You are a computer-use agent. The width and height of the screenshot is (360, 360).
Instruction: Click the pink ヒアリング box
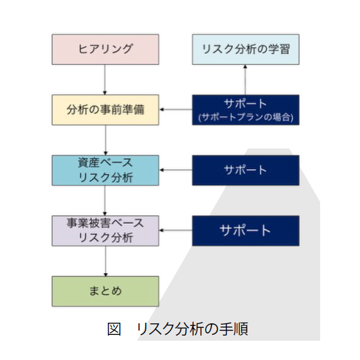pos(105,50)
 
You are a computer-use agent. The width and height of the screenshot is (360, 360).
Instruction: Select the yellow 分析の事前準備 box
pos(105,109)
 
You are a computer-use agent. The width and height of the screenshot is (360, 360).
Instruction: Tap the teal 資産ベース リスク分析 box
pos(105,170)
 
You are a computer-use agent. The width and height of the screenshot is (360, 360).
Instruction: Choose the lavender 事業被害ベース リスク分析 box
pos(105,230)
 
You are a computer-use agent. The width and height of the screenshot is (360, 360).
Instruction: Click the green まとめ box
pos(105,291)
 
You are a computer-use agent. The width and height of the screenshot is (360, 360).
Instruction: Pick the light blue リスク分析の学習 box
pos(245,50)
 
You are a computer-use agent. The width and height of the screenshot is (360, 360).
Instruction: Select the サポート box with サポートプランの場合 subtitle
pos(245,109)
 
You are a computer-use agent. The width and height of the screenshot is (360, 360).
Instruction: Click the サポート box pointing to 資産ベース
pos(245,170)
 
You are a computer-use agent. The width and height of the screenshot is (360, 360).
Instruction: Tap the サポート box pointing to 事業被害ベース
pos(245,230)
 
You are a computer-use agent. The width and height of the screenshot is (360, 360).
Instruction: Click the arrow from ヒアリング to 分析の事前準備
pos(105,79)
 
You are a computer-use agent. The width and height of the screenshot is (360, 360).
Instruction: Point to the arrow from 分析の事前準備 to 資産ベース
pos(105,139)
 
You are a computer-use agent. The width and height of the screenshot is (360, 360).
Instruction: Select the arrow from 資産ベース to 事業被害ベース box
pos(105,200)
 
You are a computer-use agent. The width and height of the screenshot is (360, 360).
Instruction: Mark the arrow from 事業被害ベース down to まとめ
pos(105,260)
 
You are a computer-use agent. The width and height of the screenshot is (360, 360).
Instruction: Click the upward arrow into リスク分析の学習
pos(245,80)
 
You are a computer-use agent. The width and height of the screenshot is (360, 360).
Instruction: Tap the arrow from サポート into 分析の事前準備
pos(175,109)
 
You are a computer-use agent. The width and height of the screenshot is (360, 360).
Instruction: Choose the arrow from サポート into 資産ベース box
pos(175,170)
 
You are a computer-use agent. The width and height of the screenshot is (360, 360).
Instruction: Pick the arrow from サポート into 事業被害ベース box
pos(175,230)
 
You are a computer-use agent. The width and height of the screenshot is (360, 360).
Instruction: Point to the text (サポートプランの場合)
pos(245,117)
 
